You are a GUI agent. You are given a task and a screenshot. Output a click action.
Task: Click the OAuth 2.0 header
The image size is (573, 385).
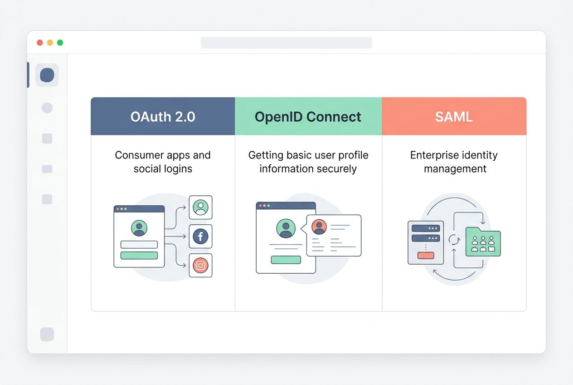163,117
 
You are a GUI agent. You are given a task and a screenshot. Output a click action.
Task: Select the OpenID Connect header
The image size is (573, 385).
308,117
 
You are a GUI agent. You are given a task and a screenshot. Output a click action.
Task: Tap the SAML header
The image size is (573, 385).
454,117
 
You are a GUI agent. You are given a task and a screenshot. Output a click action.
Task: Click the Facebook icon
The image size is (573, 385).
200,236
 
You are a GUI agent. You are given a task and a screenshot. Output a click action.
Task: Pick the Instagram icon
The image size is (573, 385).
200,266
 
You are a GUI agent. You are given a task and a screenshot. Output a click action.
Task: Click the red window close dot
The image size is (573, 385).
40,43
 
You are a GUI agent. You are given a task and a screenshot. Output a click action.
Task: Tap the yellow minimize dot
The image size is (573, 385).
50,43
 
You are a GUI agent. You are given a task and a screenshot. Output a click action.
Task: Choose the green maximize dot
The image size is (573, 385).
60,43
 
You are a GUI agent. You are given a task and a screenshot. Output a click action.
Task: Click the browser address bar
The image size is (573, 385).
286,43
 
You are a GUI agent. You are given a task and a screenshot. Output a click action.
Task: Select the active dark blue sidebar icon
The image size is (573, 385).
47,75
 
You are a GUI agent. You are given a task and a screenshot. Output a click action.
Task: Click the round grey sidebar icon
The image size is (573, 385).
47,108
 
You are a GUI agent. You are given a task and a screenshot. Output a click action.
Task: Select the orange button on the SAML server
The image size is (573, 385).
426,255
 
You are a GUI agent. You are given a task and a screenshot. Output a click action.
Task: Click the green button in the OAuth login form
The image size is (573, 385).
139,255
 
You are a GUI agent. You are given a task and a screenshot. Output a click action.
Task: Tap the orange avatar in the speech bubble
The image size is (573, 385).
319,227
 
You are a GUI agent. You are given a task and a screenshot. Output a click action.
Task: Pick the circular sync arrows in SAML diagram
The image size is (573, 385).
454,240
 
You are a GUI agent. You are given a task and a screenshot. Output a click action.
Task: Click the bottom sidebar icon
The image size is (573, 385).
47,334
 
